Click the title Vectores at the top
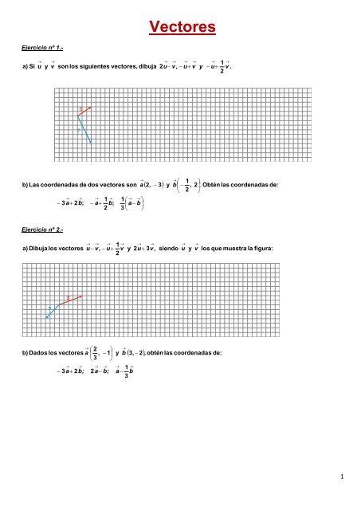pyautogui.click(x=182, y=29)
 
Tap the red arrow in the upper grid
pyautogui.click(x=84, y=111)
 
